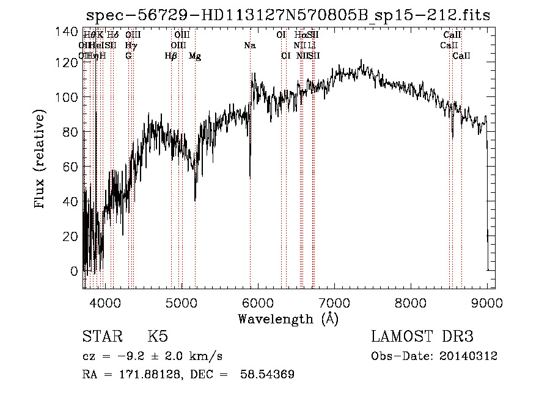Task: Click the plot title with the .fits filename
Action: click(x=288, y=15)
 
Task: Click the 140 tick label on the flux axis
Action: click(x=71, y=32)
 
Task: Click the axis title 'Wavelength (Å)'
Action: click(x=288, y=319)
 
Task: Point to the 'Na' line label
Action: click(x=249, y=46)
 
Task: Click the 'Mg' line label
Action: click(x=195, y=56)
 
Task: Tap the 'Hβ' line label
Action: click(x=171, y=56)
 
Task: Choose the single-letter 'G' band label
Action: click(x=128, y=56)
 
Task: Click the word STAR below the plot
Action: click(x=101, y=337)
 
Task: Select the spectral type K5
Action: click(x=158, y=337)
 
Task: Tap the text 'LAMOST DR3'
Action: click(x=422, y=337)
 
